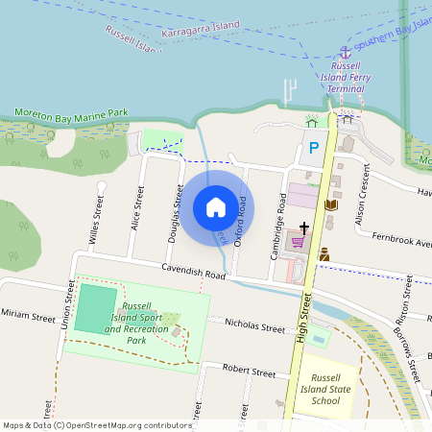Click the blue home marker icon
coord(216,206)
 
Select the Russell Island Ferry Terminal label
coord(346,78)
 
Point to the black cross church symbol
coord(304,228)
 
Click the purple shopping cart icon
coord(298,242)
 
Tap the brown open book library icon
coord(331,204)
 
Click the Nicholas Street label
coord(253,327)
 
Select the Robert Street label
coord(249,371)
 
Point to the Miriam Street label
coord(28,315)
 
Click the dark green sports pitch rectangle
coord(96,307)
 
